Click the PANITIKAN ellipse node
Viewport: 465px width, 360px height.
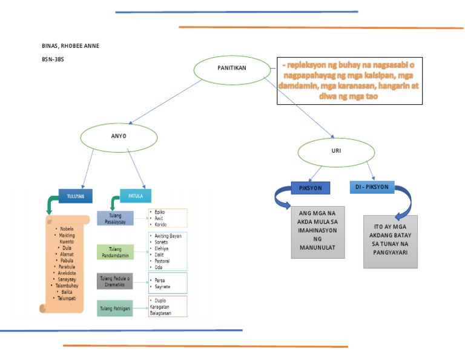point(232,68)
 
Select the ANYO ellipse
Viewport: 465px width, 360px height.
point(119,136)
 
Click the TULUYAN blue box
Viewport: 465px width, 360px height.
point(76,196)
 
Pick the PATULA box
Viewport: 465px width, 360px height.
point(136,196)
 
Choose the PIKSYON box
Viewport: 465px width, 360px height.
point(311,188)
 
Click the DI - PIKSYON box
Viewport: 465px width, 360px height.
point(372,187)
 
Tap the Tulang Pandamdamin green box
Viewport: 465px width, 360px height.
point(115,251)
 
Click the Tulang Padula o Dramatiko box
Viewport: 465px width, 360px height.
point(115,281)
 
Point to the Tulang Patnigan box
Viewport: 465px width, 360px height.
point(115,309)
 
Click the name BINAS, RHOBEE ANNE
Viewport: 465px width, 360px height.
point(69,46)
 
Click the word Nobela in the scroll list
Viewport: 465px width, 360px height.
point(66,228)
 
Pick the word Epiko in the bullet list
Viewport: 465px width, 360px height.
point(160,212)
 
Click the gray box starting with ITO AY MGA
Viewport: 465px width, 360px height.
point(390,241)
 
